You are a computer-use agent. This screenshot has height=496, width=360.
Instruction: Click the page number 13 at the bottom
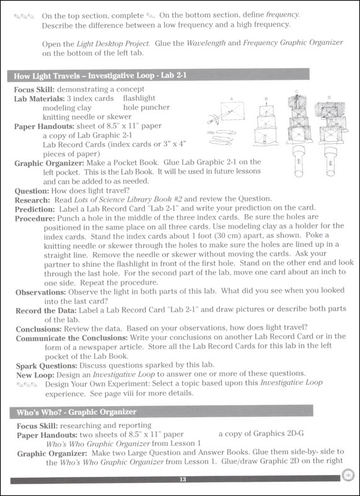[x=182, y=479]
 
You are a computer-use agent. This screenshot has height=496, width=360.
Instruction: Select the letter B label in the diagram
[x=265, y=98]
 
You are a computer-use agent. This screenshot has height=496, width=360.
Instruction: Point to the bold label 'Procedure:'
[x=35, y=217]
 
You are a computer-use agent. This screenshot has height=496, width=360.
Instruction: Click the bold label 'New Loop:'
[x=34, y=374]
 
